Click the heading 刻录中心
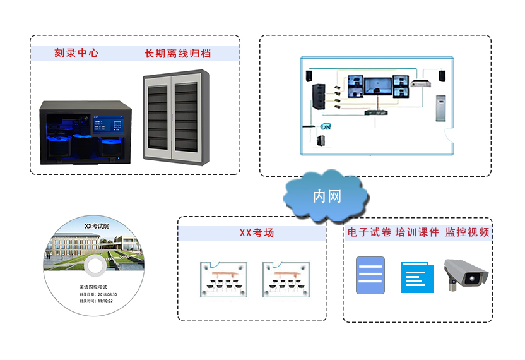(76, 54)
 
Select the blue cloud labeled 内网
(326, 196)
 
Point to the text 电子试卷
(368, 232)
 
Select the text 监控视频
(467, 232)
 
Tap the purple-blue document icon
(370, 275)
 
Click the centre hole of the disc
(94, 266)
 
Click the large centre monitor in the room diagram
(377, 85)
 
